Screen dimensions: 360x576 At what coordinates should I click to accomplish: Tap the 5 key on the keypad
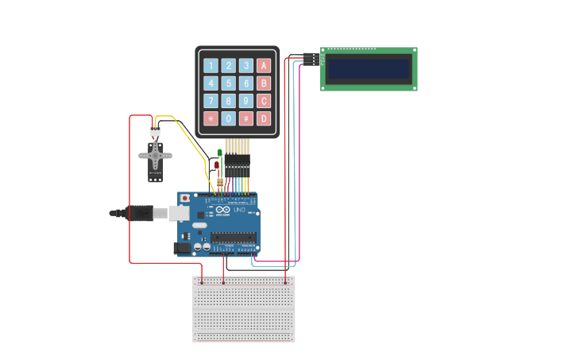click(x=229, y=83)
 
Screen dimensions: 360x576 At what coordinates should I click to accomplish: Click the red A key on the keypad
click(x=264, y=66)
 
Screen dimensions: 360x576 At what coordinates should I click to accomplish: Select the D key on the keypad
click(x=264, y=118)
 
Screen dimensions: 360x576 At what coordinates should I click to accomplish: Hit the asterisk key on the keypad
click(x=211, y=118)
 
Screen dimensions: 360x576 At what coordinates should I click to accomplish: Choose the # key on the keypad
click(x=246, y=118)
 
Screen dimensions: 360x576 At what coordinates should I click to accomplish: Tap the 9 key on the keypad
click(x=246, y=101)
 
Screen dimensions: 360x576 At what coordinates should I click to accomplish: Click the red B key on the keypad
click(x=264, y=83)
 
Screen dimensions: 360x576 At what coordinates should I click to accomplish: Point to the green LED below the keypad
click(x=220, y=153)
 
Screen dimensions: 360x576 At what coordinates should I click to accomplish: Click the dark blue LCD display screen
click(x=369, y=69)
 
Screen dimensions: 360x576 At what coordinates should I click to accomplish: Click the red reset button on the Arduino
click(x=185, y=198)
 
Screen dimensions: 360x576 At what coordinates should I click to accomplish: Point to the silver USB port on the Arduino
click(x=178, y=213)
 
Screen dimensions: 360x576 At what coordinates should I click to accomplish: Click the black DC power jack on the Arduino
click(x=183, y=248)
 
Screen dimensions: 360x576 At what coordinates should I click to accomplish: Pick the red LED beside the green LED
click(x=216, y=166)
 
